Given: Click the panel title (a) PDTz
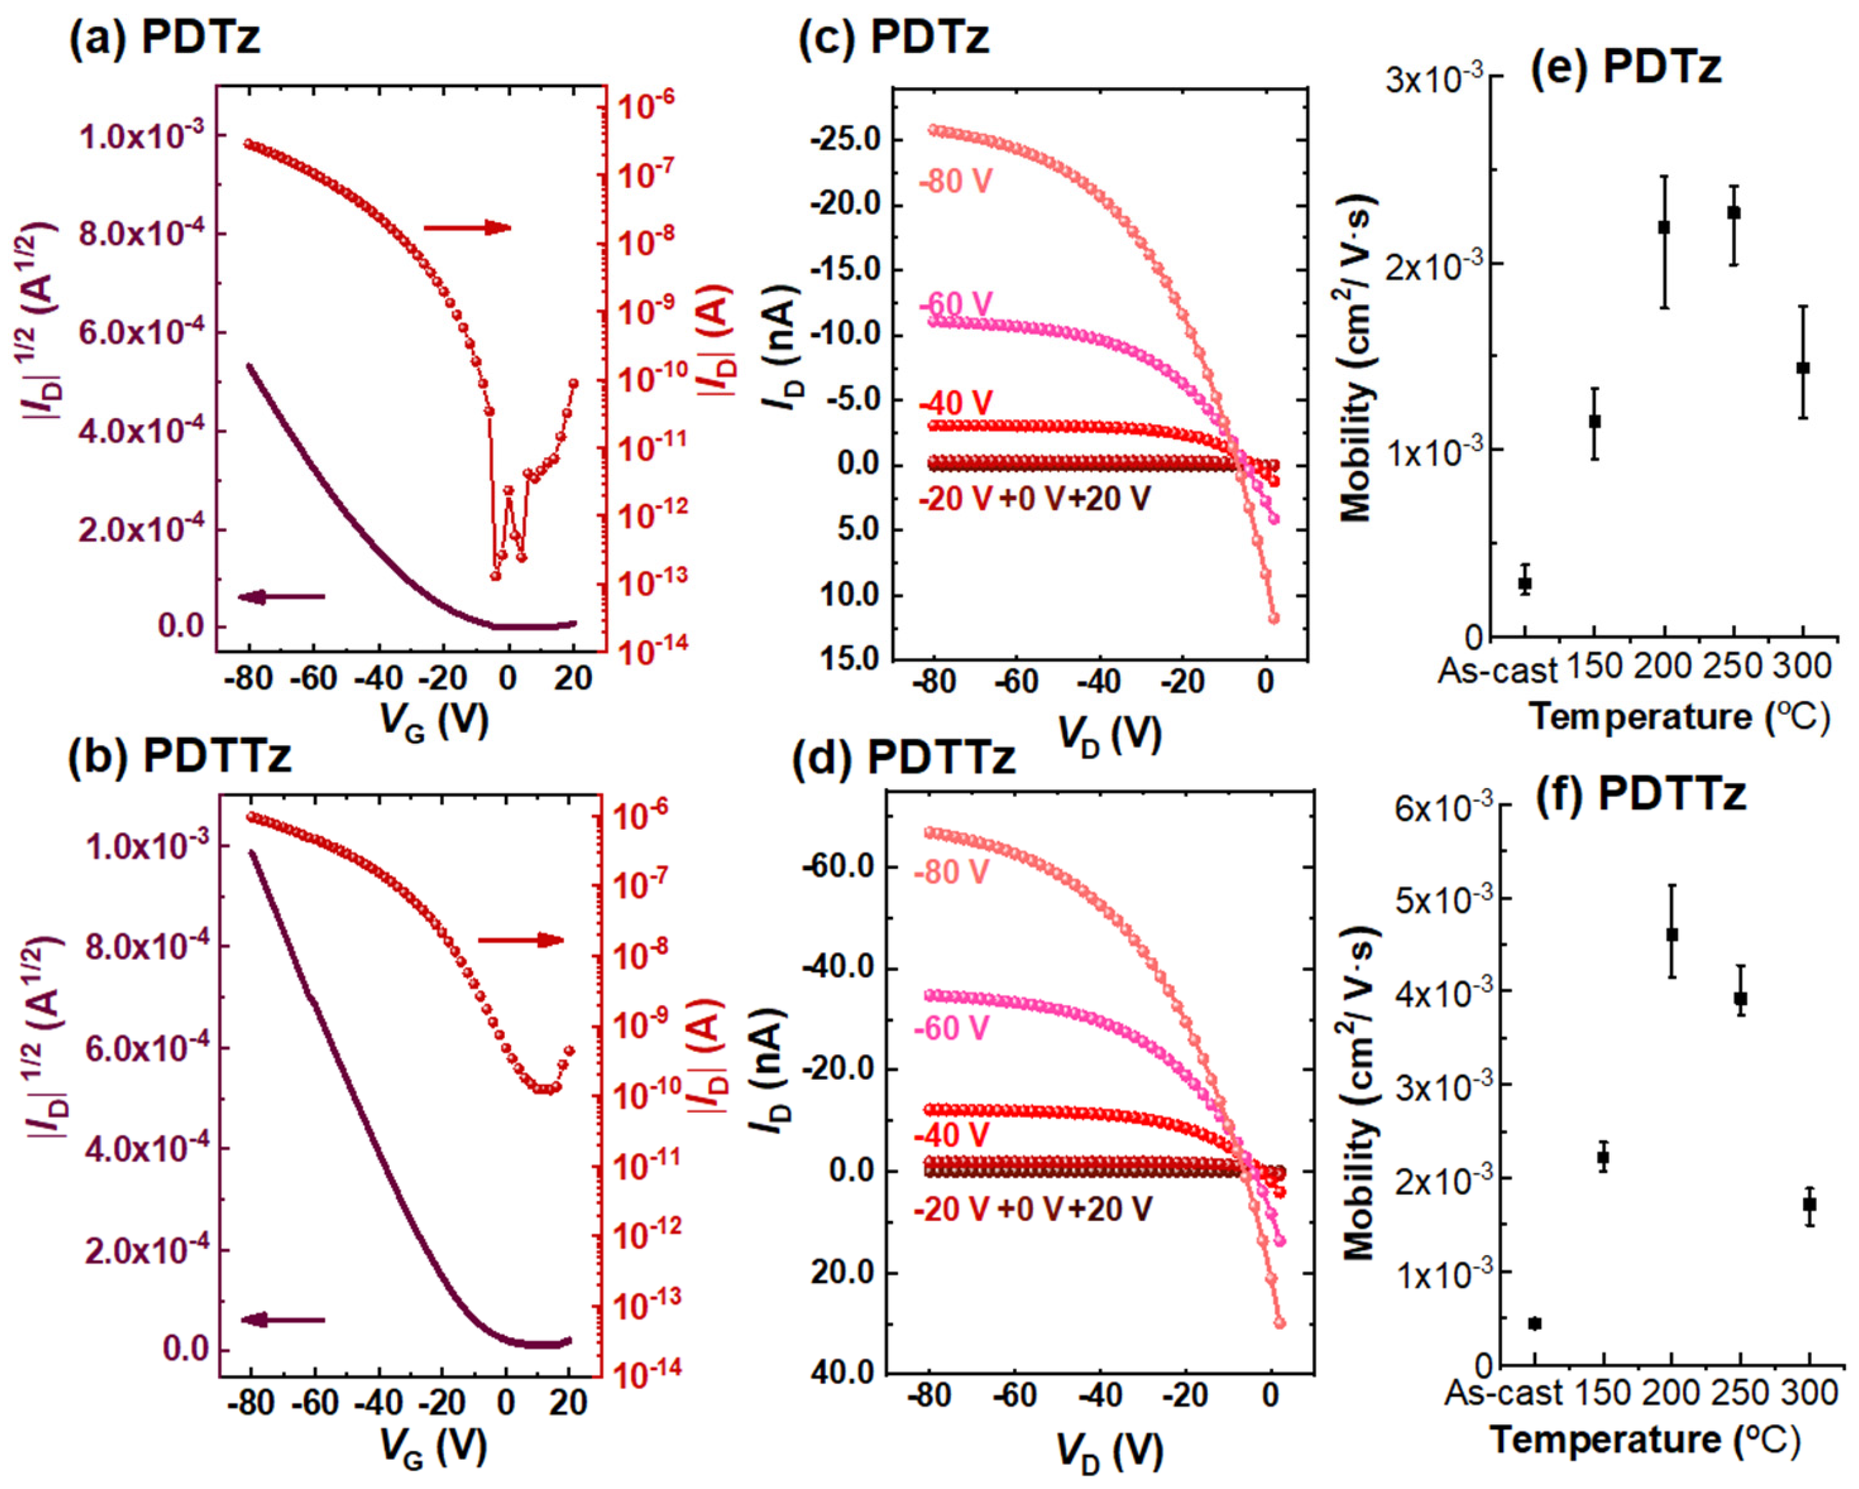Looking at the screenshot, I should coord(164,38).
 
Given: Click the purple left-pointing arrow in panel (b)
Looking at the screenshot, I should coord(282,1319).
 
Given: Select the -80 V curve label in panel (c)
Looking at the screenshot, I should coord(955,181).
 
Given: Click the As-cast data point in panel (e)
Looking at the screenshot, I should coord(1525,583).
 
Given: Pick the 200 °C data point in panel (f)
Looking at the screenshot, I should coord(1672,935).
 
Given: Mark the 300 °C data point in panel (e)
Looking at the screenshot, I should coord(1802,367).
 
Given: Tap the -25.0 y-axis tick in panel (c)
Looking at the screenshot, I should coord(844,140).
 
